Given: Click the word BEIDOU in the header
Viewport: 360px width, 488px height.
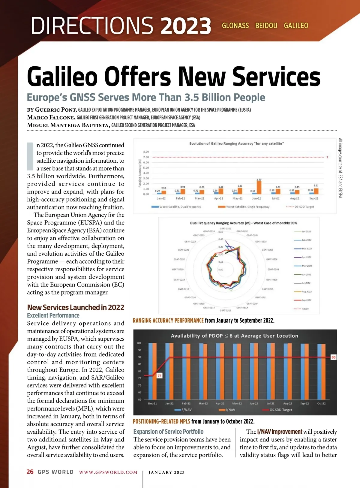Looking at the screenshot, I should (266, 26).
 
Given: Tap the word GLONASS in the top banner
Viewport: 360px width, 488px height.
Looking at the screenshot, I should (235, 26).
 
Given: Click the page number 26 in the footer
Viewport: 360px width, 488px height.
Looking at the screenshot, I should (30, 472).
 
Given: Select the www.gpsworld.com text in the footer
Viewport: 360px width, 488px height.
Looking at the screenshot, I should (108, 472).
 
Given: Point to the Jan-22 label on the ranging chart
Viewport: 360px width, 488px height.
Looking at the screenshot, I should (161, 198).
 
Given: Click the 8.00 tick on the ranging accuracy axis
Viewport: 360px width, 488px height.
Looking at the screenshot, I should (146, 152).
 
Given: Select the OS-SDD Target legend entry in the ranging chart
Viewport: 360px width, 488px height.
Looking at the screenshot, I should (304, 207).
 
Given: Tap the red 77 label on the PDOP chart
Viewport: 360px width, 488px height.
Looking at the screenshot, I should (159, 376).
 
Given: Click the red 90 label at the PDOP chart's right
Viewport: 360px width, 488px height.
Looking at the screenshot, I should (333, 357).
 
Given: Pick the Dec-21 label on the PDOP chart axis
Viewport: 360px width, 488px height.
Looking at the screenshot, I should (152, 403).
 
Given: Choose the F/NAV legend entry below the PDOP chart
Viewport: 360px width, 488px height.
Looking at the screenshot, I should (186, 410).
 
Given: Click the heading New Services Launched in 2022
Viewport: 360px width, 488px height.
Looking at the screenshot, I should (76, 307).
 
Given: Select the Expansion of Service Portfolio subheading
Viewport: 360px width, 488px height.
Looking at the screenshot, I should (168, 432).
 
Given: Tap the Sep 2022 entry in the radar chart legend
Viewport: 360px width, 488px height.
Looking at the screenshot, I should (306, 300).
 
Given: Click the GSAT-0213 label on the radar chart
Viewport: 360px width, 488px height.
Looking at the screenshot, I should (225, 310).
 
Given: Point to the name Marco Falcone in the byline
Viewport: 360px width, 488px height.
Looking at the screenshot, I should (50, 117).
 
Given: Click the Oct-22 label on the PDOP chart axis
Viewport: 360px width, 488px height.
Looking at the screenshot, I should (321, 403).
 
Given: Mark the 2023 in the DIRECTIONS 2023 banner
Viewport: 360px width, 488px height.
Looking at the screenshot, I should (186, 26).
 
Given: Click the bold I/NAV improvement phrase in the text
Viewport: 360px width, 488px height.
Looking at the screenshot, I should (280, 432).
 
